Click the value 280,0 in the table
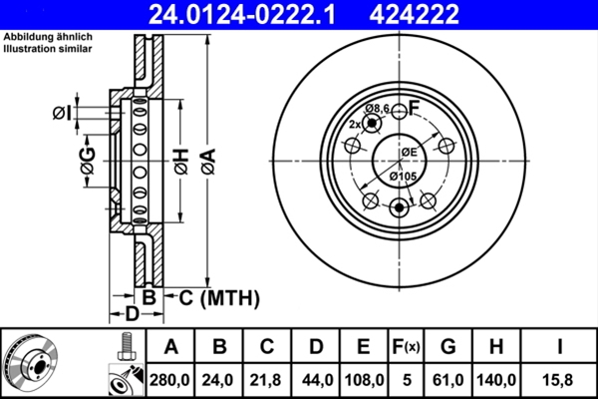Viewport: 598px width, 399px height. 171,379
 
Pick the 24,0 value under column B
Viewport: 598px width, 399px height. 219,379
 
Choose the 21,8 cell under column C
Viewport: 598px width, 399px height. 267,379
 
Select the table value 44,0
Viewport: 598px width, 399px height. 315,379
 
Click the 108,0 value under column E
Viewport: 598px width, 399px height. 363,379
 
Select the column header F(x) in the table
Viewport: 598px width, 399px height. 406,347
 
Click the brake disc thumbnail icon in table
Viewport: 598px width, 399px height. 31,363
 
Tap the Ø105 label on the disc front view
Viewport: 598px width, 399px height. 403,177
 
